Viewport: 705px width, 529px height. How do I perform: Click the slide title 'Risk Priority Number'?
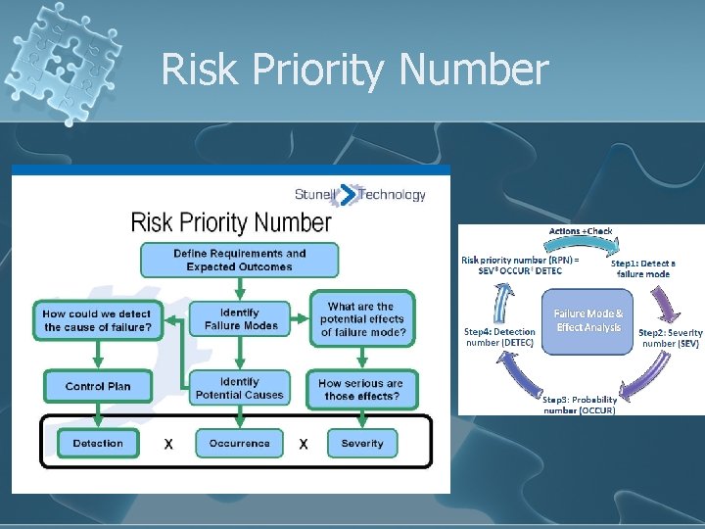click(354, 70)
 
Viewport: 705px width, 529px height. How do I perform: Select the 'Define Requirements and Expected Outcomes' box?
click(240, 260)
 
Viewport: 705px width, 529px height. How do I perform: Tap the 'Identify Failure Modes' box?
click(240, 319)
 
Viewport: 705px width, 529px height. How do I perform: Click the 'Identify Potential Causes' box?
click(240, 388)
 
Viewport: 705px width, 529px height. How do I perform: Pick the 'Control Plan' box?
click(98, 386)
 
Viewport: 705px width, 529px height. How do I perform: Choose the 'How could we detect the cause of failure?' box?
click(98, 319)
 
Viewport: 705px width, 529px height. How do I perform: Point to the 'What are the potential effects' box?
click(361, 319)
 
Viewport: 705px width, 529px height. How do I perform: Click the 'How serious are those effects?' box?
click(361, 389)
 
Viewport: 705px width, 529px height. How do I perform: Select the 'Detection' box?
click(98, 443)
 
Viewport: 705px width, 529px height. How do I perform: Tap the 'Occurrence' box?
click(239, 443)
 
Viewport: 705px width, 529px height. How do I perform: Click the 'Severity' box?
click(362, 443)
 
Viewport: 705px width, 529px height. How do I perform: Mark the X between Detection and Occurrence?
click(168, 444)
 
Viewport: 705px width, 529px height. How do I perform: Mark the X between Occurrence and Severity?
click(303, 444)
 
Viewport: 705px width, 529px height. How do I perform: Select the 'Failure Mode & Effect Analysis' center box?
click(588, 320)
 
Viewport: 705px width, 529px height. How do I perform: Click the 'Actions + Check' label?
click(581, 231)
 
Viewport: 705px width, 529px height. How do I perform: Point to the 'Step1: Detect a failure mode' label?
click(643, 268)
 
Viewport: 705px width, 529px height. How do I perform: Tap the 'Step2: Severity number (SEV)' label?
click(670, 339)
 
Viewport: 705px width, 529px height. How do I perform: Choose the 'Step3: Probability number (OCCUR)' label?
click(582, 403)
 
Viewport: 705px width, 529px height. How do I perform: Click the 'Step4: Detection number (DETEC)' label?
click(499, 338)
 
